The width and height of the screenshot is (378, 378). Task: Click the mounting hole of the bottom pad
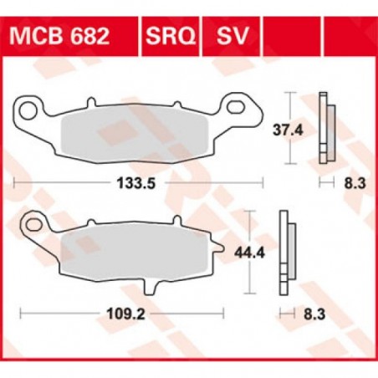(x=33, y=225)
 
